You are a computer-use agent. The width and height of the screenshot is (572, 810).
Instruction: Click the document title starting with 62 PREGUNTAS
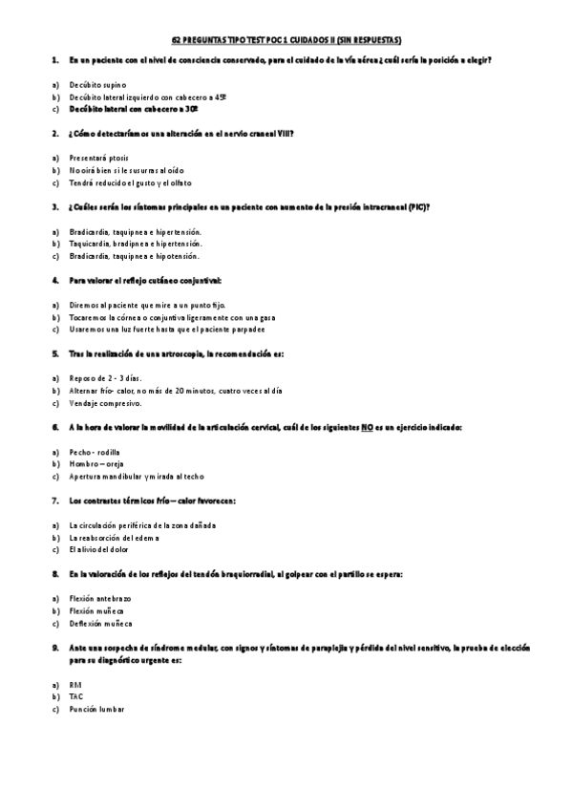(x=286, y=41)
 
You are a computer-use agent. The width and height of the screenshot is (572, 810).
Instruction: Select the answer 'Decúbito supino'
(x=97, y=85)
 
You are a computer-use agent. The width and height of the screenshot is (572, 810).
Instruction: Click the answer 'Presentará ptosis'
(x=99, y=158)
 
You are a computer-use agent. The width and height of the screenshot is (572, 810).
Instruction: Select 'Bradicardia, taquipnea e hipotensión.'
(x=135, y=256)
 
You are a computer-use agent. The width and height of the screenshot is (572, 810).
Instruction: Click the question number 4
(x=54, y=281)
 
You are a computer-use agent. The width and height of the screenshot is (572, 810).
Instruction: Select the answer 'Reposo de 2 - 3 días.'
(x=106, y=378)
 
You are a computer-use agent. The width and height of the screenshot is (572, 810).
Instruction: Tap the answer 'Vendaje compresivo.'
(x=105, y=403)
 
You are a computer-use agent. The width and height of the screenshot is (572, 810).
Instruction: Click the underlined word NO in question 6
(x=367, y=428)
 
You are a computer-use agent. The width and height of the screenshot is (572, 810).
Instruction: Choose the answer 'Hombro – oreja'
(x=96, y=464)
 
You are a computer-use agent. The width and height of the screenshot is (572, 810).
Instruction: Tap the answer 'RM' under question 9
(x=75, y=685)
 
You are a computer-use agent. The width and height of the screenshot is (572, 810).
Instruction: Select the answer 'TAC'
(x=76, y=697)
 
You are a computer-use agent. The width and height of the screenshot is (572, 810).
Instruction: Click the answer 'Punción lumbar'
(x=96, y=710)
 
